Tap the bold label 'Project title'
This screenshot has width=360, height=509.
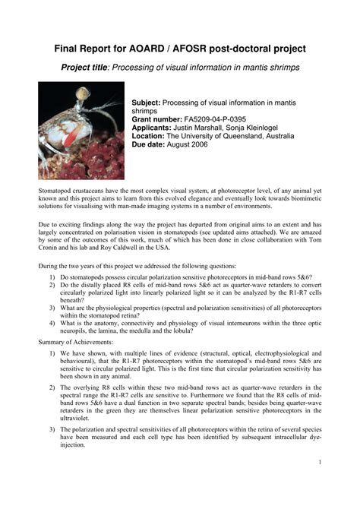[x=85, y=68]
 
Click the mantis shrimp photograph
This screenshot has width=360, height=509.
[x=81, y=130]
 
